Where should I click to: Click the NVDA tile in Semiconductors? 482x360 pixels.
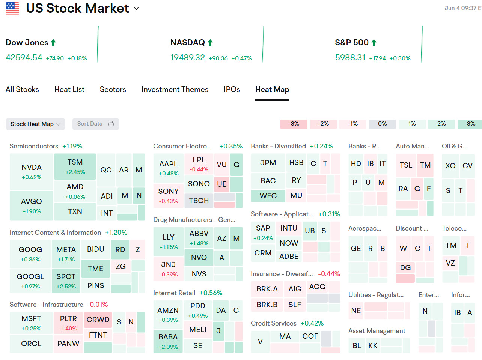click(32, 171)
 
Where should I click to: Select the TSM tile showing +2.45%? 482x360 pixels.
click(75, 166)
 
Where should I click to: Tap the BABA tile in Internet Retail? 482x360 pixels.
click(168, 341)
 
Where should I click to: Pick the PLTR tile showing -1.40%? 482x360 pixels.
click(68, 322)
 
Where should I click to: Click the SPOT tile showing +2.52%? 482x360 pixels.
click(66, 280)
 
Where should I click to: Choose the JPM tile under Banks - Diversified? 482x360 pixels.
click(268, 163)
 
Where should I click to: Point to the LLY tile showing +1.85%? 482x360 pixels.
click(169, 241)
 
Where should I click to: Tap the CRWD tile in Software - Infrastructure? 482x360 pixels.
click(98, 319)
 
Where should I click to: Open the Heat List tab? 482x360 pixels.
click(69, 89)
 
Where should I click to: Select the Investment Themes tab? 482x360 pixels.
click(175, 89)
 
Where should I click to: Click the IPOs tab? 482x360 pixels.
click(232, 89)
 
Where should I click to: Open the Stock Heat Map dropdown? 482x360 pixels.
click(35, 124)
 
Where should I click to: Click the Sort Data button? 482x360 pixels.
click(95, 124)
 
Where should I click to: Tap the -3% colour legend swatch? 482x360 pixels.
click(294, 124)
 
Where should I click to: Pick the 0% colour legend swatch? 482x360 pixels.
click(382, 124)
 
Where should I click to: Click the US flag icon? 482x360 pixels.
click(12, 8)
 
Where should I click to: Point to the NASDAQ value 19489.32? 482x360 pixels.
click(188, 57)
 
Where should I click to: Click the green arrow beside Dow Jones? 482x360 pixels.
click(53, 43)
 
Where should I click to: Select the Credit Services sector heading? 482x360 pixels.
click(274, 323)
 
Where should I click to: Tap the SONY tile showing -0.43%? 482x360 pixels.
click(169, 195)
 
